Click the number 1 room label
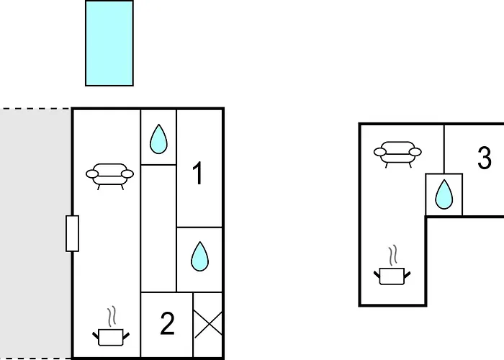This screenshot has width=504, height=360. coord(198,173)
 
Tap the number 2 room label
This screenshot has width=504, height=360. coord(167,323)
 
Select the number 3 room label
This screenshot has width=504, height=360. coord(485,158)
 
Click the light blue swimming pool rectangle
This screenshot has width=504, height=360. coord(109,43)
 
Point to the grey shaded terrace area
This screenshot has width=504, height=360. coord(35,234)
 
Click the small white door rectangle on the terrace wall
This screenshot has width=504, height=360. coord(72,233)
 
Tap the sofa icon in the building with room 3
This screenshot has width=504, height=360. coord(397,154)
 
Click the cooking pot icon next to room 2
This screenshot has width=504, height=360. coord(111,336)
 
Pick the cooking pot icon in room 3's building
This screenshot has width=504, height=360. coord(392,276)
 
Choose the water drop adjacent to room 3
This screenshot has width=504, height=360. coord(444,194)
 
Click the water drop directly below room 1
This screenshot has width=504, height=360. coord(199,256)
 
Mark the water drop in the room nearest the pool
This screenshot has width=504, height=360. coord(158,139)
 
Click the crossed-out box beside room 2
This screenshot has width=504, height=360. coord(208,324)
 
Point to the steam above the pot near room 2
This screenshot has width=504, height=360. coord(112,317)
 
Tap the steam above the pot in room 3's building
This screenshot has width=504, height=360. coord(392,256)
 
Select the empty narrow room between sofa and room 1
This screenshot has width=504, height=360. coord(158,228)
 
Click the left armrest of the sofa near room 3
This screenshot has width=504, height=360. coord(379,152)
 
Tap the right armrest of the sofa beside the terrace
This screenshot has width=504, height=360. coord(127,174)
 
